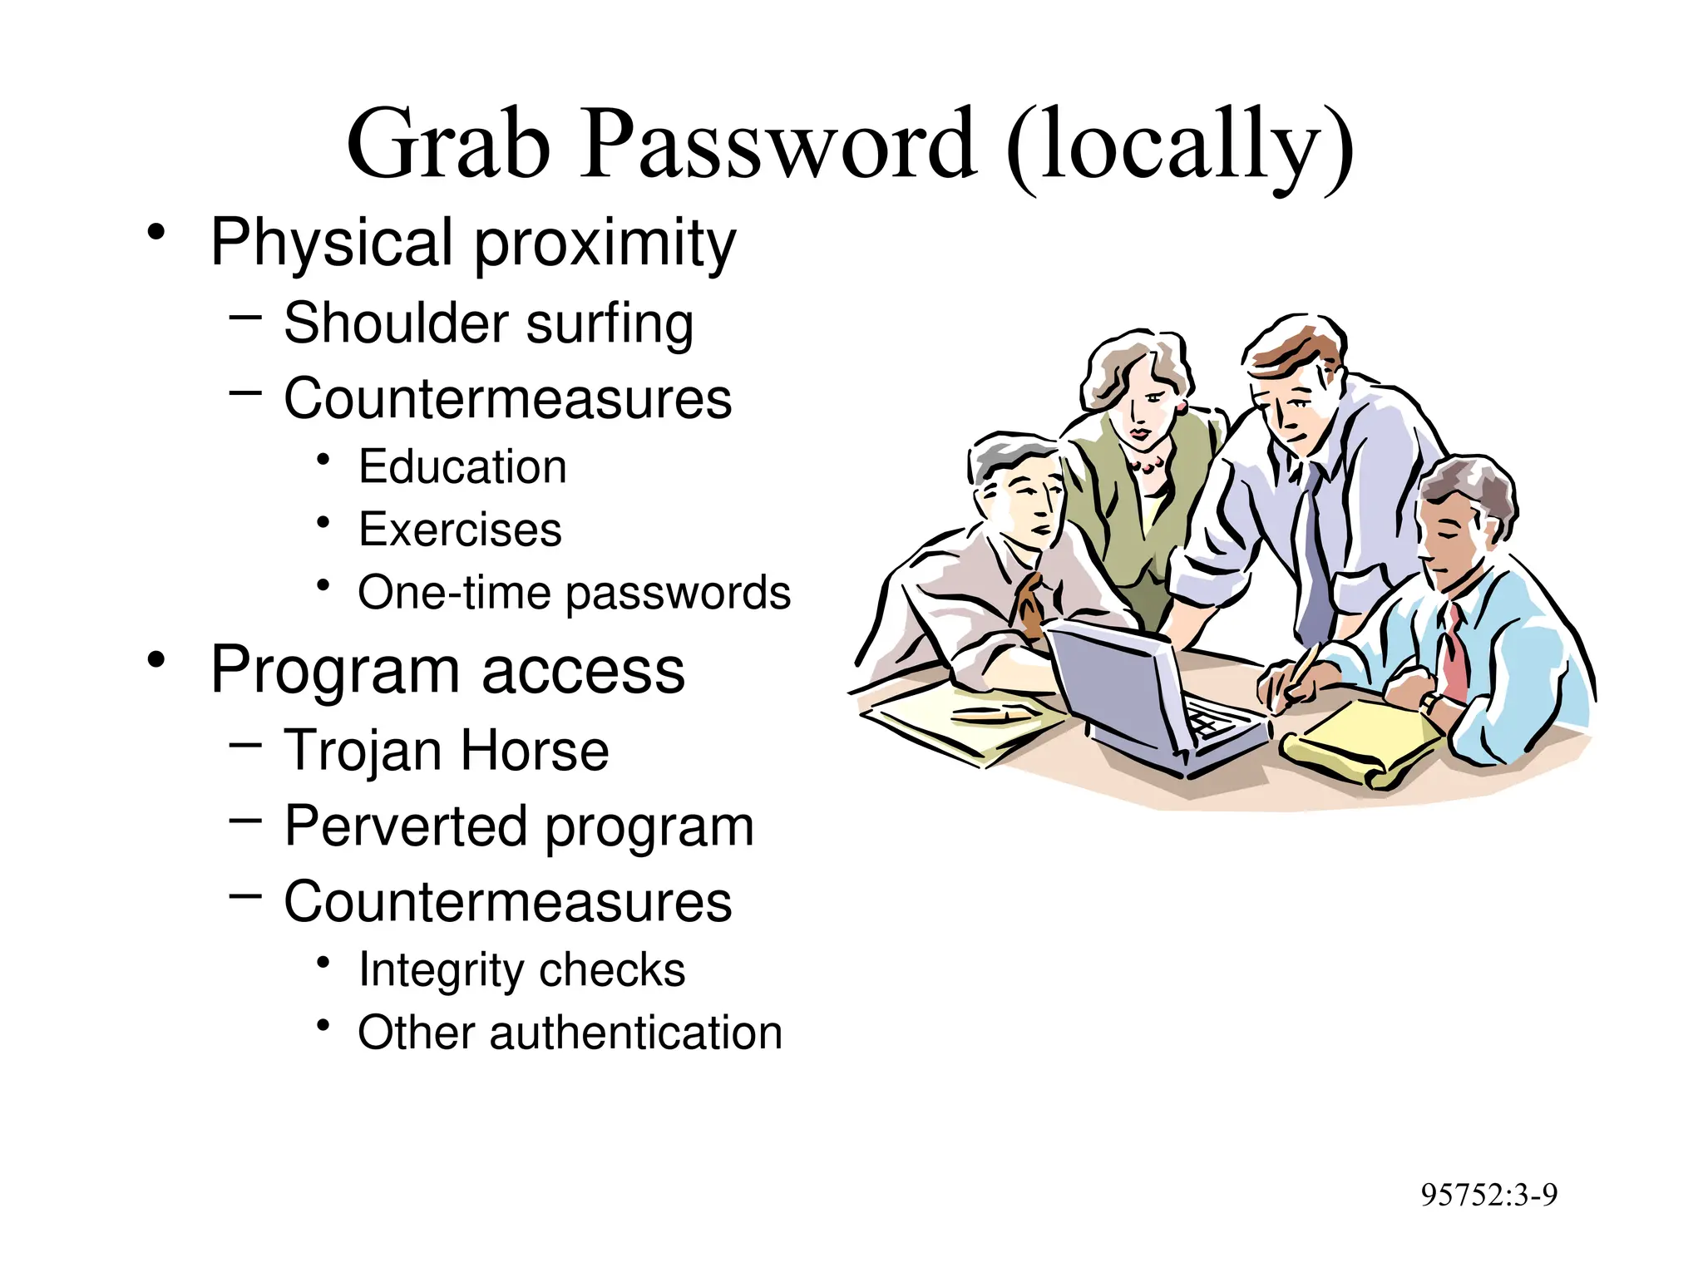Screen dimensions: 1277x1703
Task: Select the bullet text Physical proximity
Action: (472, 242)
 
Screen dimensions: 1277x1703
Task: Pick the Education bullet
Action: (462, 466)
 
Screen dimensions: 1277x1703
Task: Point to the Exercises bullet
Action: (460, 530)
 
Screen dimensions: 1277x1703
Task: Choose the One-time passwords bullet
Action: (574, 593)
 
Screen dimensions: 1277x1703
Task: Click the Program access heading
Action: (447, 670)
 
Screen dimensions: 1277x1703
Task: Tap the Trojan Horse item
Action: (447, 751)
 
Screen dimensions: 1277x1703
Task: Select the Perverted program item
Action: (519, 826)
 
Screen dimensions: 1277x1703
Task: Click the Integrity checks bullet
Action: (521, 969)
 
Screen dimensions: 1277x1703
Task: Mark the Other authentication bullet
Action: (570, 1033)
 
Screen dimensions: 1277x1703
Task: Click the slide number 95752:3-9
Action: (1488, 1195)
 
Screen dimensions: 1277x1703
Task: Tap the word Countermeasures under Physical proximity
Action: (507, 398)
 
